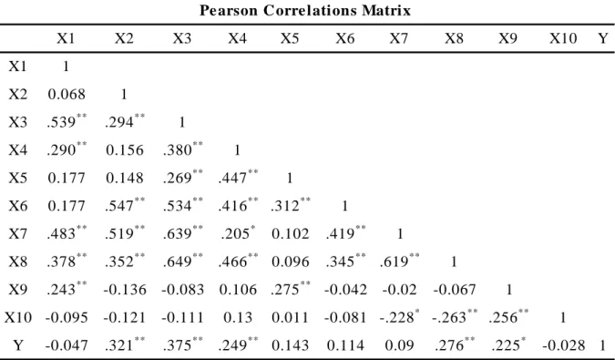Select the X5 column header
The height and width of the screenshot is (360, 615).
pos(290,38)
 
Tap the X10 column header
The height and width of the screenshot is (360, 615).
pos(563,38)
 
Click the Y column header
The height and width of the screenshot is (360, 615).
pos(603,38)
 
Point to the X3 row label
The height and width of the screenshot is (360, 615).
pos(18,122)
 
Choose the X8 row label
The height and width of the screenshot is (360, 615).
pos(18,262)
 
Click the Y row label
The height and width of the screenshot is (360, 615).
pos(18,345)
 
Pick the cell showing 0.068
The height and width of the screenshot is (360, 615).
pos(67,95)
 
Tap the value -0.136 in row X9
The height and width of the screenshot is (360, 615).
pos(125,290)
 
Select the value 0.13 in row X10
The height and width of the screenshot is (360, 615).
pos(238,318)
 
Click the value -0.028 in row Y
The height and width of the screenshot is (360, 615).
pos(564,345)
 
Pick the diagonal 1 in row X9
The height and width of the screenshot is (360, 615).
pos(509,290)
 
